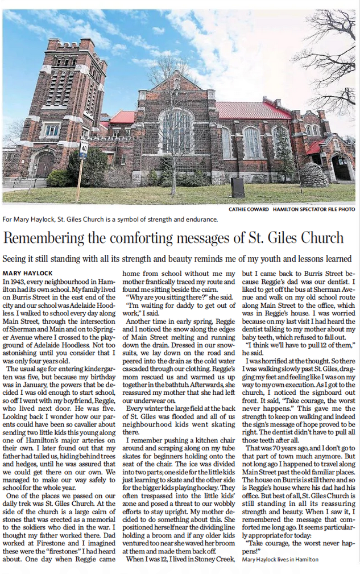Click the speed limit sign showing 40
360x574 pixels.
[84, 149]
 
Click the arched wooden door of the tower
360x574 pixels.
[45, 166]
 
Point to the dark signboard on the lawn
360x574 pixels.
[238, 187]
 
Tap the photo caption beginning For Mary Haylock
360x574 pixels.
[110, 219]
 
